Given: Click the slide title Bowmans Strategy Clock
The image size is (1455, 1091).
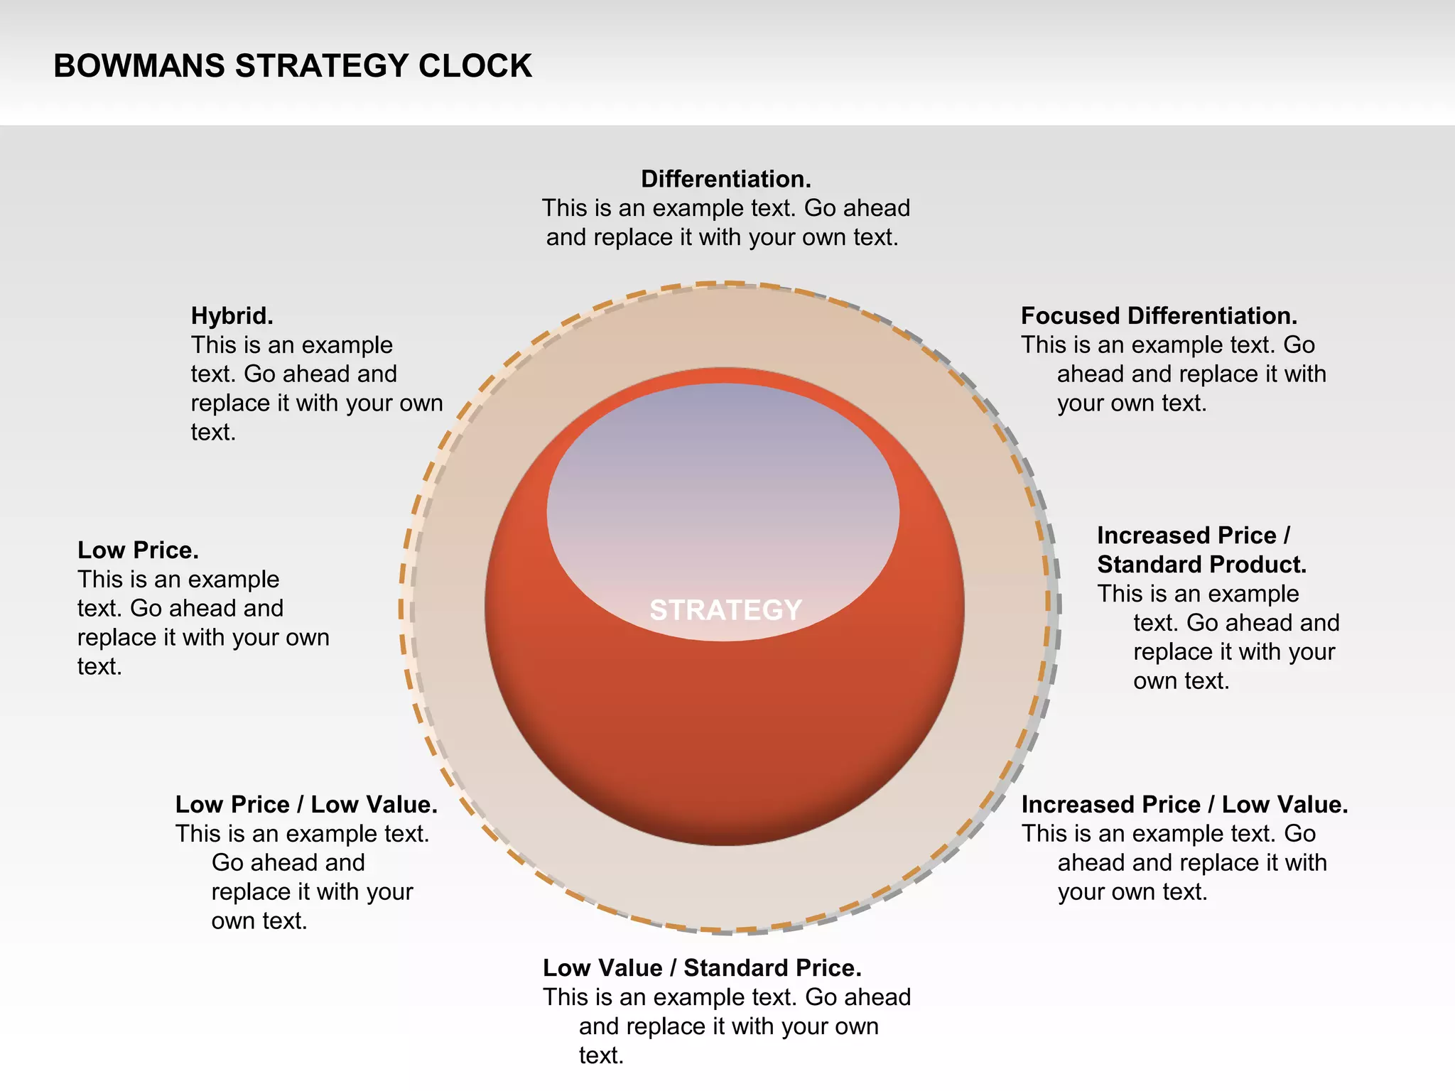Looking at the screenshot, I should (x=292, y=66).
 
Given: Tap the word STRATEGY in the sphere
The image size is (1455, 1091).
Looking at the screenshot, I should (x=725, y=610).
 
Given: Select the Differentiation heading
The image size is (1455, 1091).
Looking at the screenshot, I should (x=725, y=179).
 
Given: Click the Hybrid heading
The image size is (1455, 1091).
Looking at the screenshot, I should (x=232, y=316).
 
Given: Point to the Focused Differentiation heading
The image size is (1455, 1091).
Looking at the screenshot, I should (x=1159, y=316).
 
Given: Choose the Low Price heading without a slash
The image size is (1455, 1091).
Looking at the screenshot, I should (x=138, y=550).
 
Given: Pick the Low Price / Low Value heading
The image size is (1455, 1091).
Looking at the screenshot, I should (x=306, y=805).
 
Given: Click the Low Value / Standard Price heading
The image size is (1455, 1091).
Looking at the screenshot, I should (x=702, y=968).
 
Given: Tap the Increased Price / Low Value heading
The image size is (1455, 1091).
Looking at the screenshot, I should (x=1184, y=805).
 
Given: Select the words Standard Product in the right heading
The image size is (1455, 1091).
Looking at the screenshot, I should (x=1201, y=565).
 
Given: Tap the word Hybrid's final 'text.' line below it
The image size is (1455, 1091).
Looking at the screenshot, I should (x=213, y=433).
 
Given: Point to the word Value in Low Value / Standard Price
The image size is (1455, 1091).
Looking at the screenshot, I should (x=632, y=968).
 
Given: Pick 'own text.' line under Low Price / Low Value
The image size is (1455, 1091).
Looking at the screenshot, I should (x=259, y=921).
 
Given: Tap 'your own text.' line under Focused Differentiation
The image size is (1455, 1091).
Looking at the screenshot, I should (x=1132, y=403).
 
